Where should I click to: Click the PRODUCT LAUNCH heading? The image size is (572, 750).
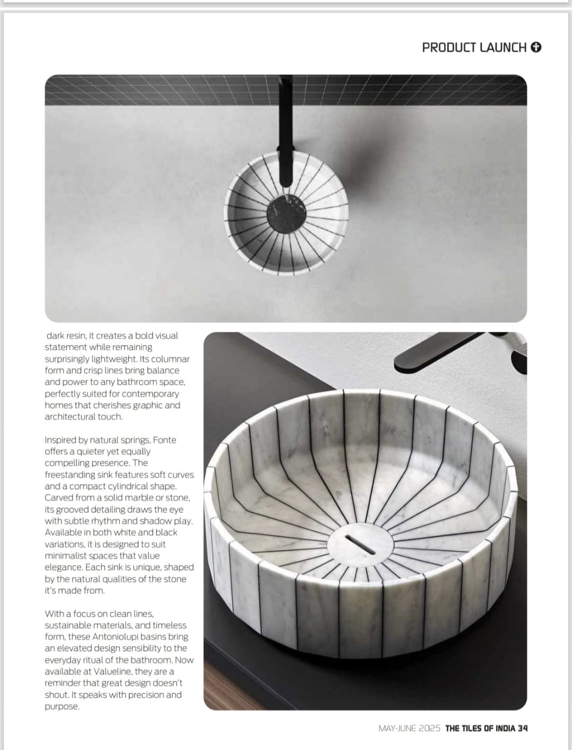[474, 48]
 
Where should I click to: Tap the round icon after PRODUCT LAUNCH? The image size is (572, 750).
[536, 48]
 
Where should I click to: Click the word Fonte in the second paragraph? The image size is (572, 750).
[165, 440]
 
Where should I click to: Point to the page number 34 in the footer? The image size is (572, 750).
[523, 728]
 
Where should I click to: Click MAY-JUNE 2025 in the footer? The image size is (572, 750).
[409, 728]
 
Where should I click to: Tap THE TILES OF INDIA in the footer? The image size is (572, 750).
[480, 728]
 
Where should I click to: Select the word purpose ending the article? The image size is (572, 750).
[61, 707]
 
